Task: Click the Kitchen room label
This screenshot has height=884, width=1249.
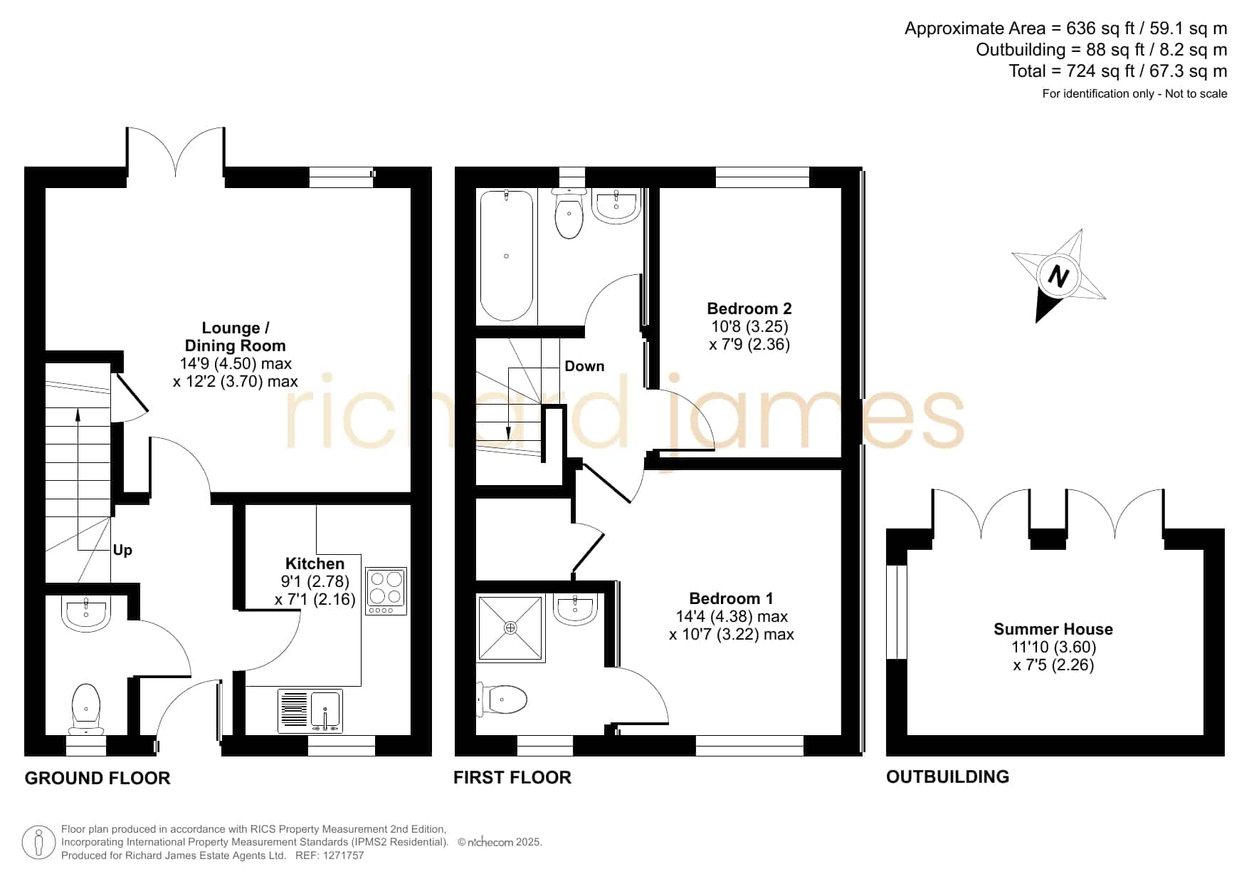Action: click(x=315, y=563)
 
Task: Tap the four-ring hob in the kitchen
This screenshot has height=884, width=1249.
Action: click(x=386, y=591)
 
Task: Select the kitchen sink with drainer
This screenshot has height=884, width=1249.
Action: click(x=310, y=711)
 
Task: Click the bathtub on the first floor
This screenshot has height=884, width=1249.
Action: click(x=507, y=255)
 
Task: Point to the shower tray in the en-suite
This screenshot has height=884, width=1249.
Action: click(x=510, y=628)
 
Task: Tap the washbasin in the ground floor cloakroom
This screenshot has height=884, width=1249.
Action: click(x=86, y=613)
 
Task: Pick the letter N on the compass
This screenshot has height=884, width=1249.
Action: click(x=1058, y=276)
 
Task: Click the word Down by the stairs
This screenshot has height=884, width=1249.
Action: click(x=584, y=366)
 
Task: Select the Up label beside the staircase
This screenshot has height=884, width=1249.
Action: click(x=122, y=550)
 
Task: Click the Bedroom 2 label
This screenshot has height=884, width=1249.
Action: click(x=749, y=308)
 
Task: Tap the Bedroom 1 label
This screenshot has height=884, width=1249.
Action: click(x=731, y=598)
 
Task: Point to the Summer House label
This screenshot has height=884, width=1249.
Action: click(x=1053, y=629)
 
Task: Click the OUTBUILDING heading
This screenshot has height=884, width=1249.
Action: click(x=947, y=776)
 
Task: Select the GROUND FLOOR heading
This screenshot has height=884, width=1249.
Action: click(x=98, y=778)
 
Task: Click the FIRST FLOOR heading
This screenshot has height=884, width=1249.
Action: click(x=512, y=777)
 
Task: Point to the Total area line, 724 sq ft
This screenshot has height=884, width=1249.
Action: click(x=1117, y=71)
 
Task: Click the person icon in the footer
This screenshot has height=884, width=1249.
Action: click(x=38, y=843)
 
